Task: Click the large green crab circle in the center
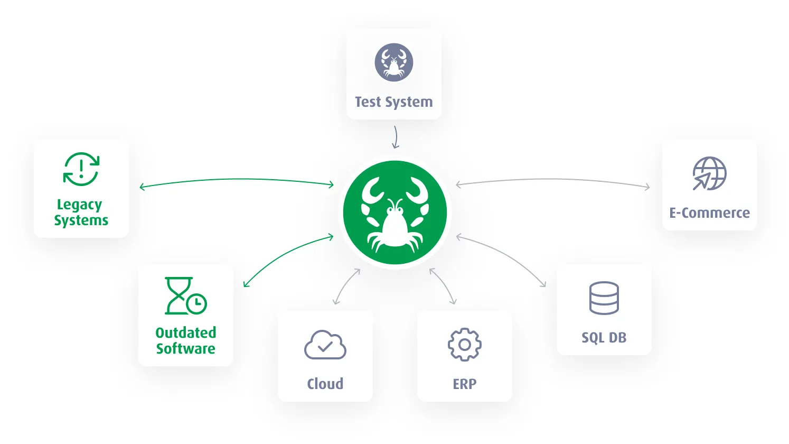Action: pyautogui.click(x=394, y=212)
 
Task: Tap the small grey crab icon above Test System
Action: pyautogui.click(x=394, y=62)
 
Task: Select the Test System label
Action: pyautogui.click(x=394, y=102)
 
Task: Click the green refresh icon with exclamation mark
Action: pyautogui.click(x=81, y=169)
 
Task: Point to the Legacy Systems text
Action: pyautogui.click(x=81, y=212)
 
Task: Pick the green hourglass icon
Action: pyautogui.click(x=185, y=296)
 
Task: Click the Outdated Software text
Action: pyautogui.click(x=186, y=341)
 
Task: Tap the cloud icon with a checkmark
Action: pyautogui.click(x=325, y=345)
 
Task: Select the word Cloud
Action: pyautogui.click(x=325, y=384)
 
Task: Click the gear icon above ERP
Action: pyautogui.click(x=464, y=345)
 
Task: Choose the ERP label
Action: pyautogui.click(x=465, y=384)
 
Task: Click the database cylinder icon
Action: pyautogui.click(x=604, y=298)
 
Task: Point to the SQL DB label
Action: pyautogui.click(x=604, y=338)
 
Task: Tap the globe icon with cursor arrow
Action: pyautogui.click(x=709, y=173)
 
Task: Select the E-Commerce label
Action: pyautogui.click(x=709, y=213)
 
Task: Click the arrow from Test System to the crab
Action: pyautogui.click(x=396, y=137)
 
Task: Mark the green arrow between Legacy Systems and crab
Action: pyautogui.click(x=237, y=180)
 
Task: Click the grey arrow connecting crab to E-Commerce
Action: pyautogui.click(x=553, y=180)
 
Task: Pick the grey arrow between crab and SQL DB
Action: pyautogui.click(x=507, y=256)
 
